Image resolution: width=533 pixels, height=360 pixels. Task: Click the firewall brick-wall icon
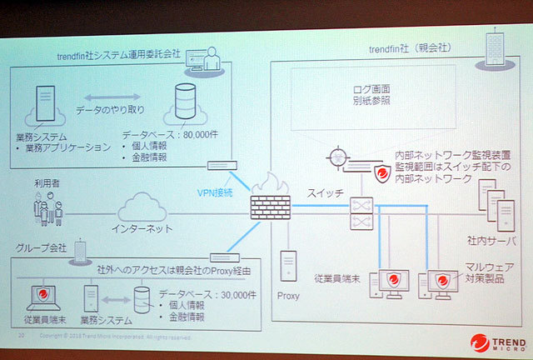[x=269, y=199]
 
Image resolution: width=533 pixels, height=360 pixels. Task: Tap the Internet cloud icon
[x=139, y=205]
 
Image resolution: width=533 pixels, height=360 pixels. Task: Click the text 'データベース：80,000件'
[x=168, y=133]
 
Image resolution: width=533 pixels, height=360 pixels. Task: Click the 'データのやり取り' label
[x=117, y=110]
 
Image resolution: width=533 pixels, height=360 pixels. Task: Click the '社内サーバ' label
[x=489, y=239]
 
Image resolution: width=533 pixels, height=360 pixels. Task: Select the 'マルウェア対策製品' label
[x=486, y=272]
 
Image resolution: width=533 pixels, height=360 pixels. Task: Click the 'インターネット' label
[x=137, y=227]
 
